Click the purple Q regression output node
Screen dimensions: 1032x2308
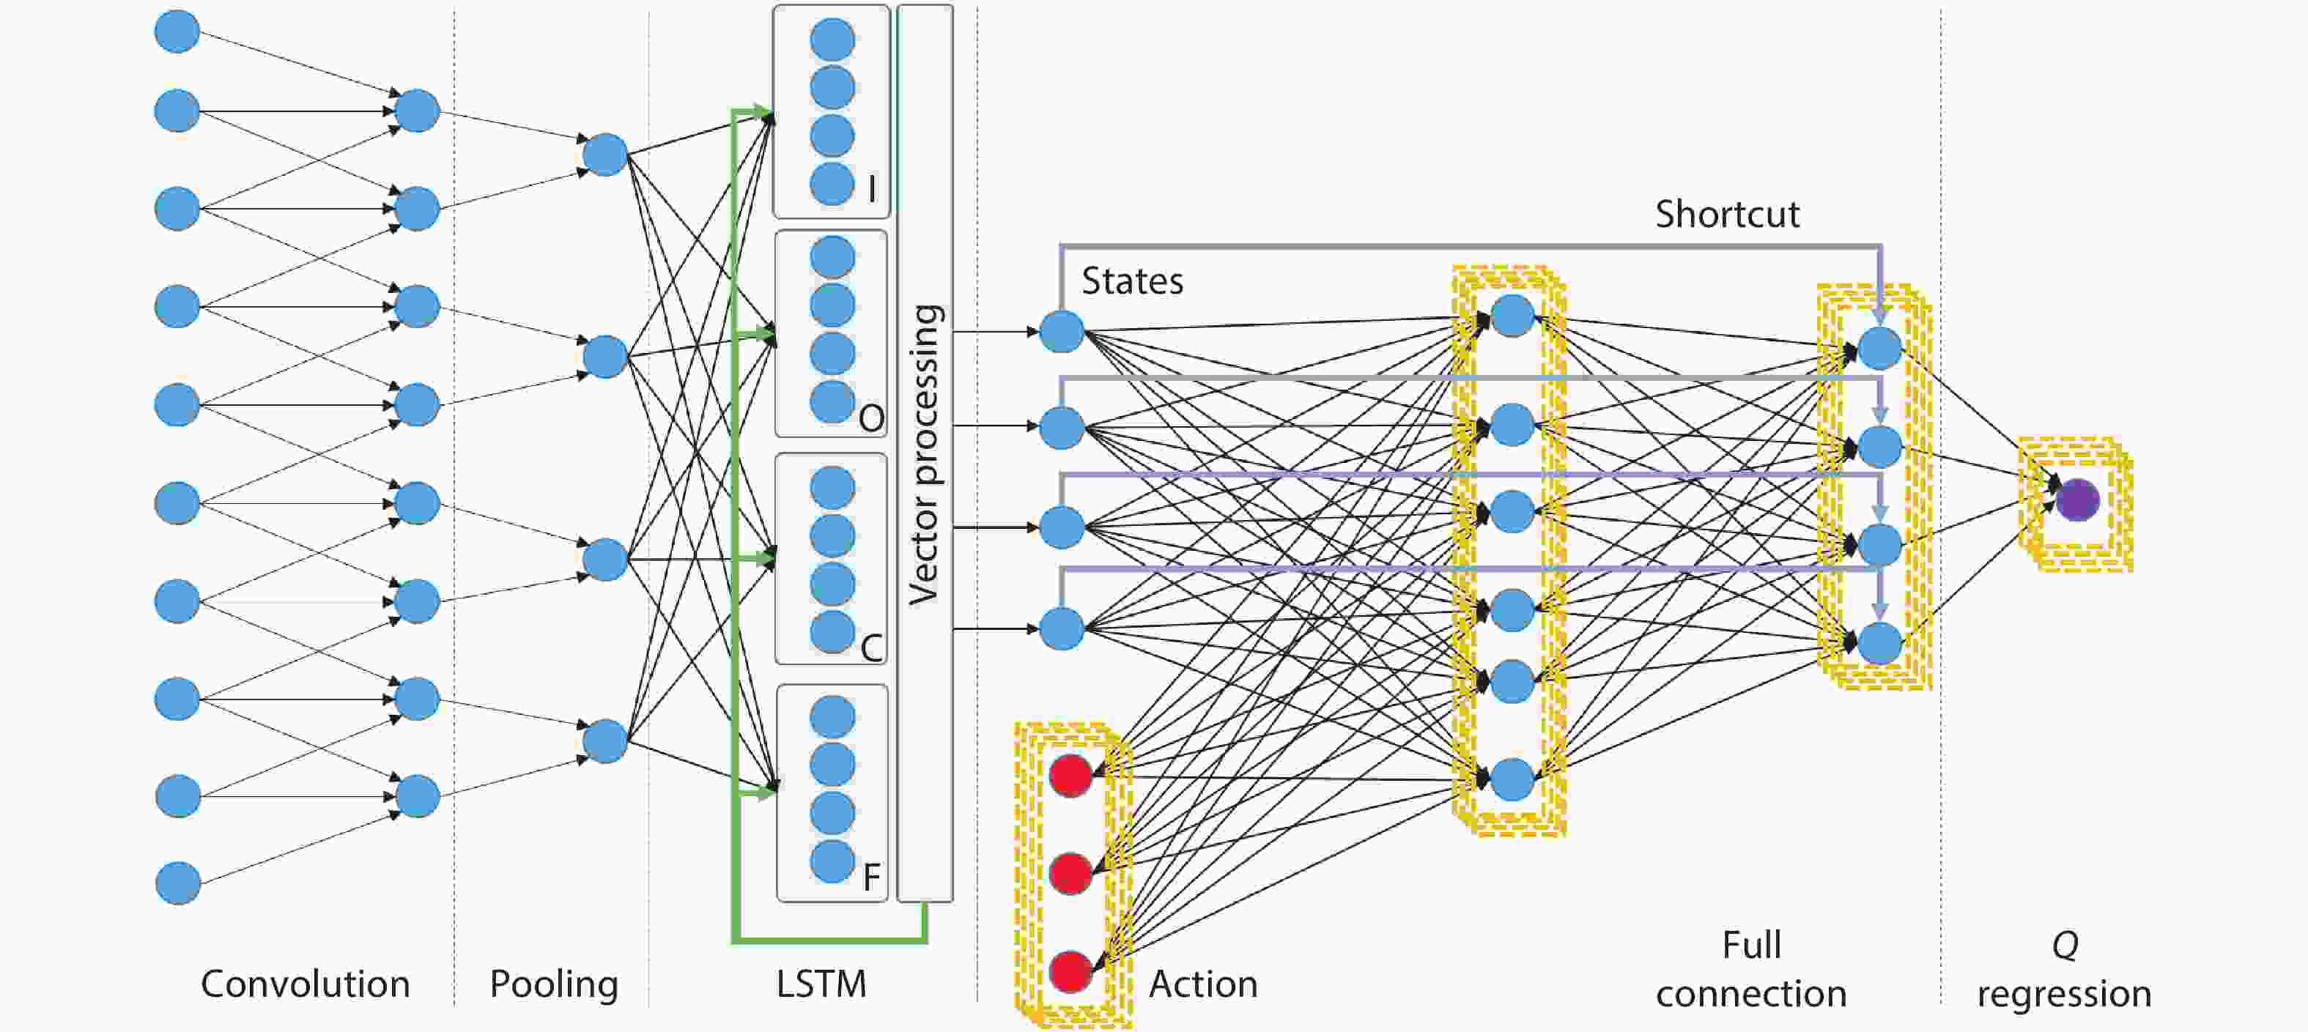click(2077, 500)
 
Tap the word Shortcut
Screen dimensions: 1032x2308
click(1726, 214)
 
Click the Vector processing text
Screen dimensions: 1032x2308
click(924, 454)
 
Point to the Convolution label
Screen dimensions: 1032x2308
click(305, 984)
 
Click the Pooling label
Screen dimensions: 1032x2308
click(554, 984)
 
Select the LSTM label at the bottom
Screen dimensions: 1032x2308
click(821, 984)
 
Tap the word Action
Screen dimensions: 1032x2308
click(1203, 984)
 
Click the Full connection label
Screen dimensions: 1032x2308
click(1750, 969)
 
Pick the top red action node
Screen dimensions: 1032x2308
click(1070, 776)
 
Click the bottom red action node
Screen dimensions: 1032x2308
click(1070, 972)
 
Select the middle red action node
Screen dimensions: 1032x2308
click(1070, 874)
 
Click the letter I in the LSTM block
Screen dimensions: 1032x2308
click(872, 188)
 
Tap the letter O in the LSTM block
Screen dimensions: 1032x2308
click(871, 417)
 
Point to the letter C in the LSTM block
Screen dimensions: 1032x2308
click(871, 647)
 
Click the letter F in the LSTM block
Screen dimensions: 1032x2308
click(871, 877)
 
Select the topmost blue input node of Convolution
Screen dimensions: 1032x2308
click(177, 31)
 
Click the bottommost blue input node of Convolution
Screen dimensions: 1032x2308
click(177, 883)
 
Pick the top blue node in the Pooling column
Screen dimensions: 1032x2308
click(604, 154)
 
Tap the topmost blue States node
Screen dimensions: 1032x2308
click(1062, 332)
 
